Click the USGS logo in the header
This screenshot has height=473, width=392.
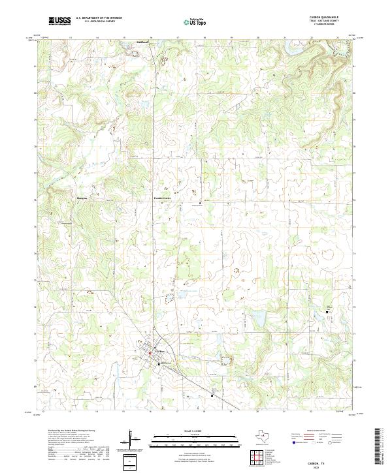click(59, 21)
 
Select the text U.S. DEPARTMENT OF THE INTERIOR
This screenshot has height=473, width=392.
click(98, 18)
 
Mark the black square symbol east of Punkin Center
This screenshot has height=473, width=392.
click(201, 204)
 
